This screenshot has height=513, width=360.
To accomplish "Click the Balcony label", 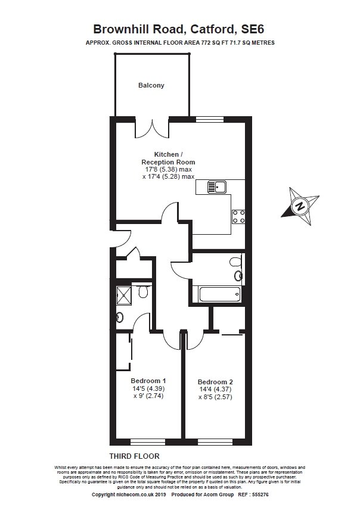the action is [151, 85].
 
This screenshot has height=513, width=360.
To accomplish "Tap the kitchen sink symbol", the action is [216, 187].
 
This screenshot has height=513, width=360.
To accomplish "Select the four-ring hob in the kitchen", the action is [238, 217].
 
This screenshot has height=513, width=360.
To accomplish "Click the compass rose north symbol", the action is [300, 206].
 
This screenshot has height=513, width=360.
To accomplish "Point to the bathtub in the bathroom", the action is [219, 294].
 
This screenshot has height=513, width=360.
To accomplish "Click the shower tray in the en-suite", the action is [125, 294].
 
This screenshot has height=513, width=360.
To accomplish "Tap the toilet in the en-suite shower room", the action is [142, 291].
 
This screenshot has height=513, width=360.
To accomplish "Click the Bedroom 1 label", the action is [148, 381].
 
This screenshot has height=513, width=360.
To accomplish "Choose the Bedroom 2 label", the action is [215, 382].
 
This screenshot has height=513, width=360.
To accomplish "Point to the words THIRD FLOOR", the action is [134, 456].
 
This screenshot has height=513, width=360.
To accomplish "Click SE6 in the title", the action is [252, 29].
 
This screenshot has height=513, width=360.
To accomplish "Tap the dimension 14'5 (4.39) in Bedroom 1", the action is [148, 388].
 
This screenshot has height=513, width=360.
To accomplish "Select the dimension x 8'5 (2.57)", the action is [215, 397].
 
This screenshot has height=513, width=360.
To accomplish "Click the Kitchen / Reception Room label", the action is [168, 158].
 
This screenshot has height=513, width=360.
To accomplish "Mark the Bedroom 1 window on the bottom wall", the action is [148, 442].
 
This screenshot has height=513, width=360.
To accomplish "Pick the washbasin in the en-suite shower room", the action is [120, 316].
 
